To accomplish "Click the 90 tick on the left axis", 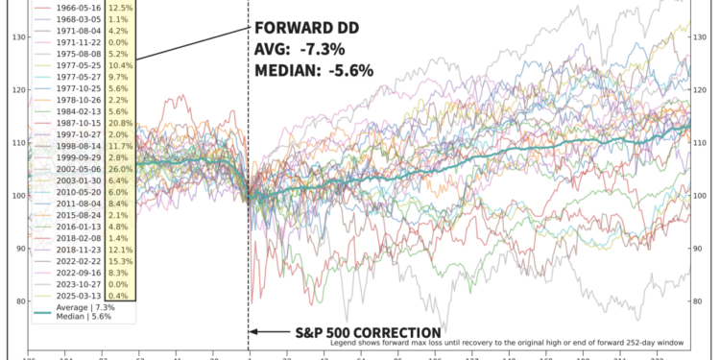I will click(20, 249).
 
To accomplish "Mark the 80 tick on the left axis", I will click(20, 300).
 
